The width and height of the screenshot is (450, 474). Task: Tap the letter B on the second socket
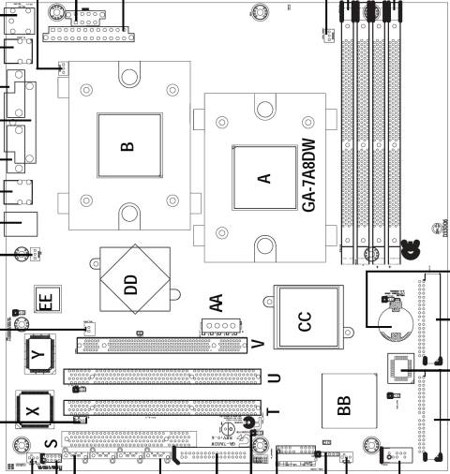[127, 146]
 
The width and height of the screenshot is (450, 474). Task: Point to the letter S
[52, 442]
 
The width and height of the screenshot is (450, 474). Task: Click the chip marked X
[34, 410]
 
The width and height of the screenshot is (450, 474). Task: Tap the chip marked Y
[38, 352]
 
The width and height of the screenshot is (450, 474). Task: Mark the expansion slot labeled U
[159, 378]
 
